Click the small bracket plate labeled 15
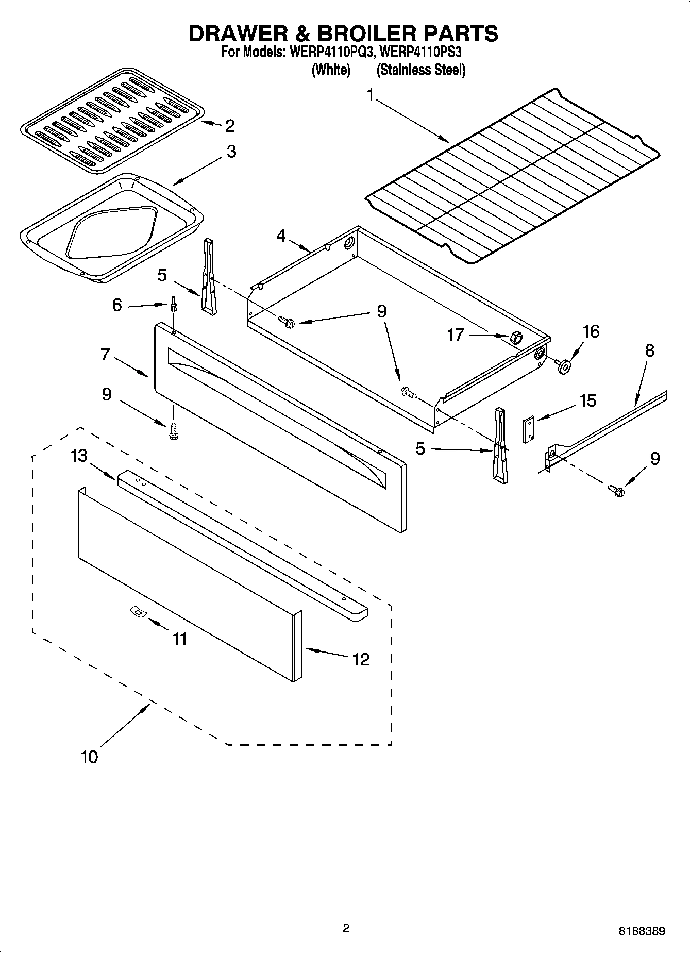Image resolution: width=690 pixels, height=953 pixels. click(x=528, y=429)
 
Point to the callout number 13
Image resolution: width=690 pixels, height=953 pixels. click(x=79, y=456)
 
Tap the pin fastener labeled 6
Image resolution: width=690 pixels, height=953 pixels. click(x=174, y=304)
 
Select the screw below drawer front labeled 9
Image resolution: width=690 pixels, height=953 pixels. click(x=173, y=431)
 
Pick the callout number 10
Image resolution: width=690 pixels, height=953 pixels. click(x=89, y=757)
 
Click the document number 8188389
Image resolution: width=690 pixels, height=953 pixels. click(x=642, y=931)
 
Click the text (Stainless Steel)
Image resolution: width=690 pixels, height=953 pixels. click(x=420, y=70)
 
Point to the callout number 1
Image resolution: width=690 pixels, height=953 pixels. click(x=370, y=95)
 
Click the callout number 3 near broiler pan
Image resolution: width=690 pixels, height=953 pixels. click(x=231, y=152)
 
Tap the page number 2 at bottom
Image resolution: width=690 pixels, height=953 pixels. click(x=346, y=928)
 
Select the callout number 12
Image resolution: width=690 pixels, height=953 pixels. click(x=361, y=659)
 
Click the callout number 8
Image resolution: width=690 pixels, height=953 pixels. click(x=649, y=350)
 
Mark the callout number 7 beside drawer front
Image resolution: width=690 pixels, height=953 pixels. click(x=105, y=355)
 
